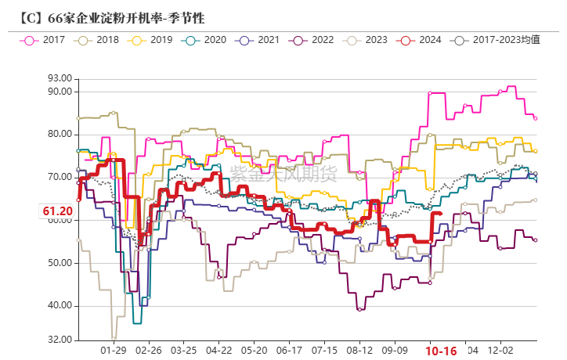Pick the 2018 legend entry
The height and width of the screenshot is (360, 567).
(99, 39)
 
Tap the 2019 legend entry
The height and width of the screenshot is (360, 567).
(153, 39)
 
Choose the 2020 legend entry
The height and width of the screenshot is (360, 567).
(206, 39)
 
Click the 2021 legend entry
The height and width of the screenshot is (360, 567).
(260, 39)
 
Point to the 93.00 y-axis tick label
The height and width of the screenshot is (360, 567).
(60, 78)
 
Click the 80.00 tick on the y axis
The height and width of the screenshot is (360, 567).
(60, 134)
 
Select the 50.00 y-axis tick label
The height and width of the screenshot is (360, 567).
(60, 263)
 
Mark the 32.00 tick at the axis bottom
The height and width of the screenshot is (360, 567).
(60, 340)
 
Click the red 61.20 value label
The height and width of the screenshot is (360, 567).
(57, 211)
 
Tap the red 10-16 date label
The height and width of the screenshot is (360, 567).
(441, 351)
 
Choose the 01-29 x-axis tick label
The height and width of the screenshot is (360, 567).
(114, 351)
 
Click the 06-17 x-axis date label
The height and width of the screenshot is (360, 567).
(290, 351)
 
